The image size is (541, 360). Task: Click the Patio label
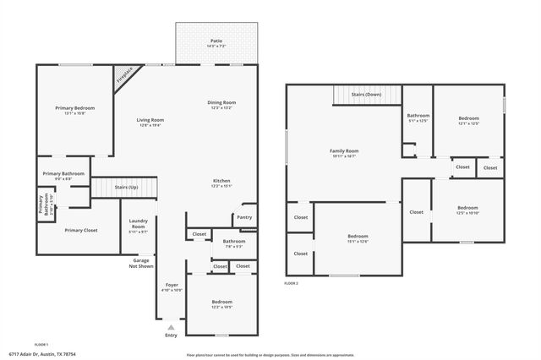[x=216, y=41]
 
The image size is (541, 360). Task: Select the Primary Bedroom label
[x=74, y=108]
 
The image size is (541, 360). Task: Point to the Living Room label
[x=150, y=120]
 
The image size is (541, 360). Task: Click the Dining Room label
[x=221, y=103]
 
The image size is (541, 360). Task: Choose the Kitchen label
[x=221, y=182]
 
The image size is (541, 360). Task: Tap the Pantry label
[x=244, y=217]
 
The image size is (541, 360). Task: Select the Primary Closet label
[x=81, y=230]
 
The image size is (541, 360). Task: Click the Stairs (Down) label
[x=367, y=95]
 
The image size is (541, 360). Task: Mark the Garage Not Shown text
[x=141, y=263]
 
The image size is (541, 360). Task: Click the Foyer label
[x=172, y=285]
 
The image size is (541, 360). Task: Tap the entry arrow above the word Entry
[x=172, y=326]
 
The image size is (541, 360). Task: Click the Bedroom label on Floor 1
[x=221, y=302]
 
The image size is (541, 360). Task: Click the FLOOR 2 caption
[x=291, y=282]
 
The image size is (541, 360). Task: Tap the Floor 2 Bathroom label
[x=418, y=116]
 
